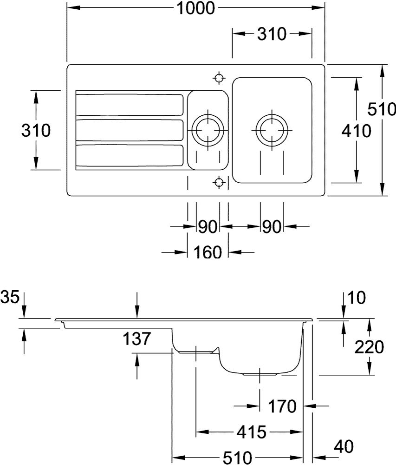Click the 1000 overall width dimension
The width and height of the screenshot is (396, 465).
pos(196,8)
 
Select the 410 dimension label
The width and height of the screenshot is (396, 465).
pos(356,131)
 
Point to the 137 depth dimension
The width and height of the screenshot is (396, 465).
pos(137,339)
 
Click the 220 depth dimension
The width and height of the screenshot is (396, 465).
pos(369,346)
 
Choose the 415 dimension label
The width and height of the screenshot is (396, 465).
pos(251,432)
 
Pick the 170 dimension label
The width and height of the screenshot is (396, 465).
pos(282,406)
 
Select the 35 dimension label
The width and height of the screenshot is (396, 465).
pos(10,296)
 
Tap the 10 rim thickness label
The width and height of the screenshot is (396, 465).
pos(356,296)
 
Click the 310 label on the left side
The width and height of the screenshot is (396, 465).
pos(36,131)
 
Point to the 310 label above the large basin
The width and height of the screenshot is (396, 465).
pos(272,34)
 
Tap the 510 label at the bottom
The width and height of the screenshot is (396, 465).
pos(237,458)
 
